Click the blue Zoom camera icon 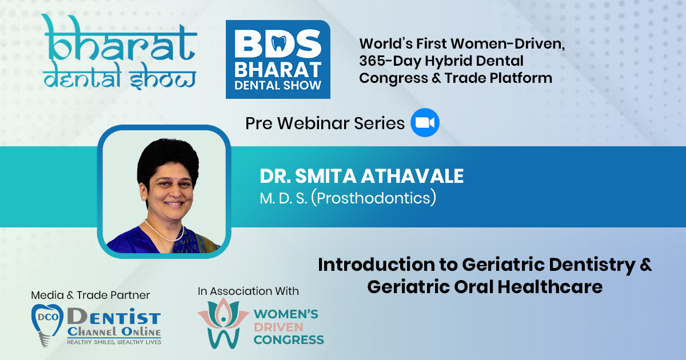point(425,122)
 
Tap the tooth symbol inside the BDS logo point(279,44)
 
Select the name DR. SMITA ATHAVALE point(362,176)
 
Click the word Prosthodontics point(374,198)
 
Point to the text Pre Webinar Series point(325,123)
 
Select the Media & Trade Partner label point(90,295)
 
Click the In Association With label point(248,291)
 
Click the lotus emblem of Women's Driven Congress point(223,322)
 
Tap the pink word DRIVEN point(278,327)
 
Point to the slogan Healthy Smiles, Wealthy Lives point(114,342)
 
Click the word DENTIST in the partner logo point(114,317)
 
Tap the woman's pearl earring point(144,198)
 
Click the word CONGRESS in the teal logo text point(289,340)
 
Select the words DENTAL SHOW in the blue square point(278,85)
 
